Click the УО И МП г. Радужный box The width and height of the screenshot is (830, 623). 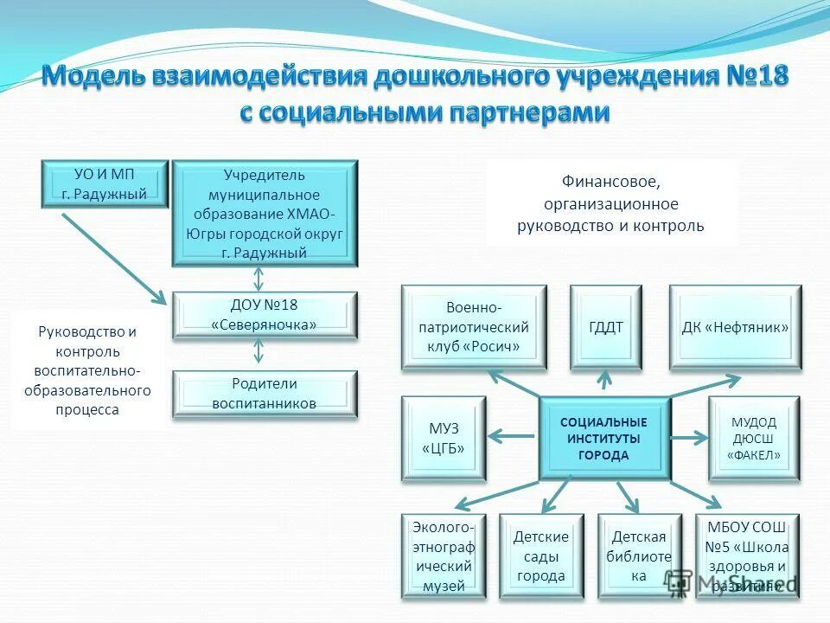pyautogui.click(x=104, y=183)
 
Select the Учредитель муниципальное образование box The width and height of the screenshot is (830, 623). pyautogui.click(x=265, y=213)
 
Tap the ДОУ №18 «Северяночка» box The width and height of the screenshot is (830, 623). pyautogui.click(x=265, y=314)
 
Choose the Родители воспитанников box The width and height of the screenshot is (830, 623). pyautogui.click(x=265, y=394)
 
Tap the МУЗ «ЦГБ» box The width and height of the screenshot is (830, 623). pyautogui.click(x=444, y=438)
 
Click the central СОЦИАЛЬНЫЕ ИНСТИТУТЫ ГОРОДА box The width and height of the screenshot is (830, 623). pyautogui.click(x=604, y=438)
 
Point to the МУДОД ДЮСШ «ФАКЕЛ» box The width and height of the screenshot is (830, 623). pyautogui.click(x=754, y=438)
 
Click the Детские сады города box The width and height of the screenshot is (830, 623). pyautogui.click(x=541, y=556)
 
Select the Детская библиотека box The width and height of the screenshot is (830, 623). pyautogui.click(x=639, y=556)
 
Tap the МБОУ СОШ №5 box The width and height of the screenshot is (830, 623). pyautogui.click(x=747, y=556)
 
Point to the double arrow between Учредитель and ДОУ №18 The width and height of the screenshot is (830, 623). pyautogui.click(x=258, y=278)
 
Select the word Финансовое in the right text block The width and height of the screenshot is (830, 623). pyautogui.click(x=610, y=182)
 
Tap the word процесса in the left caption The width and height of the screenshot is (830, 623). pyautogui.click(x=87, y=410)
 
